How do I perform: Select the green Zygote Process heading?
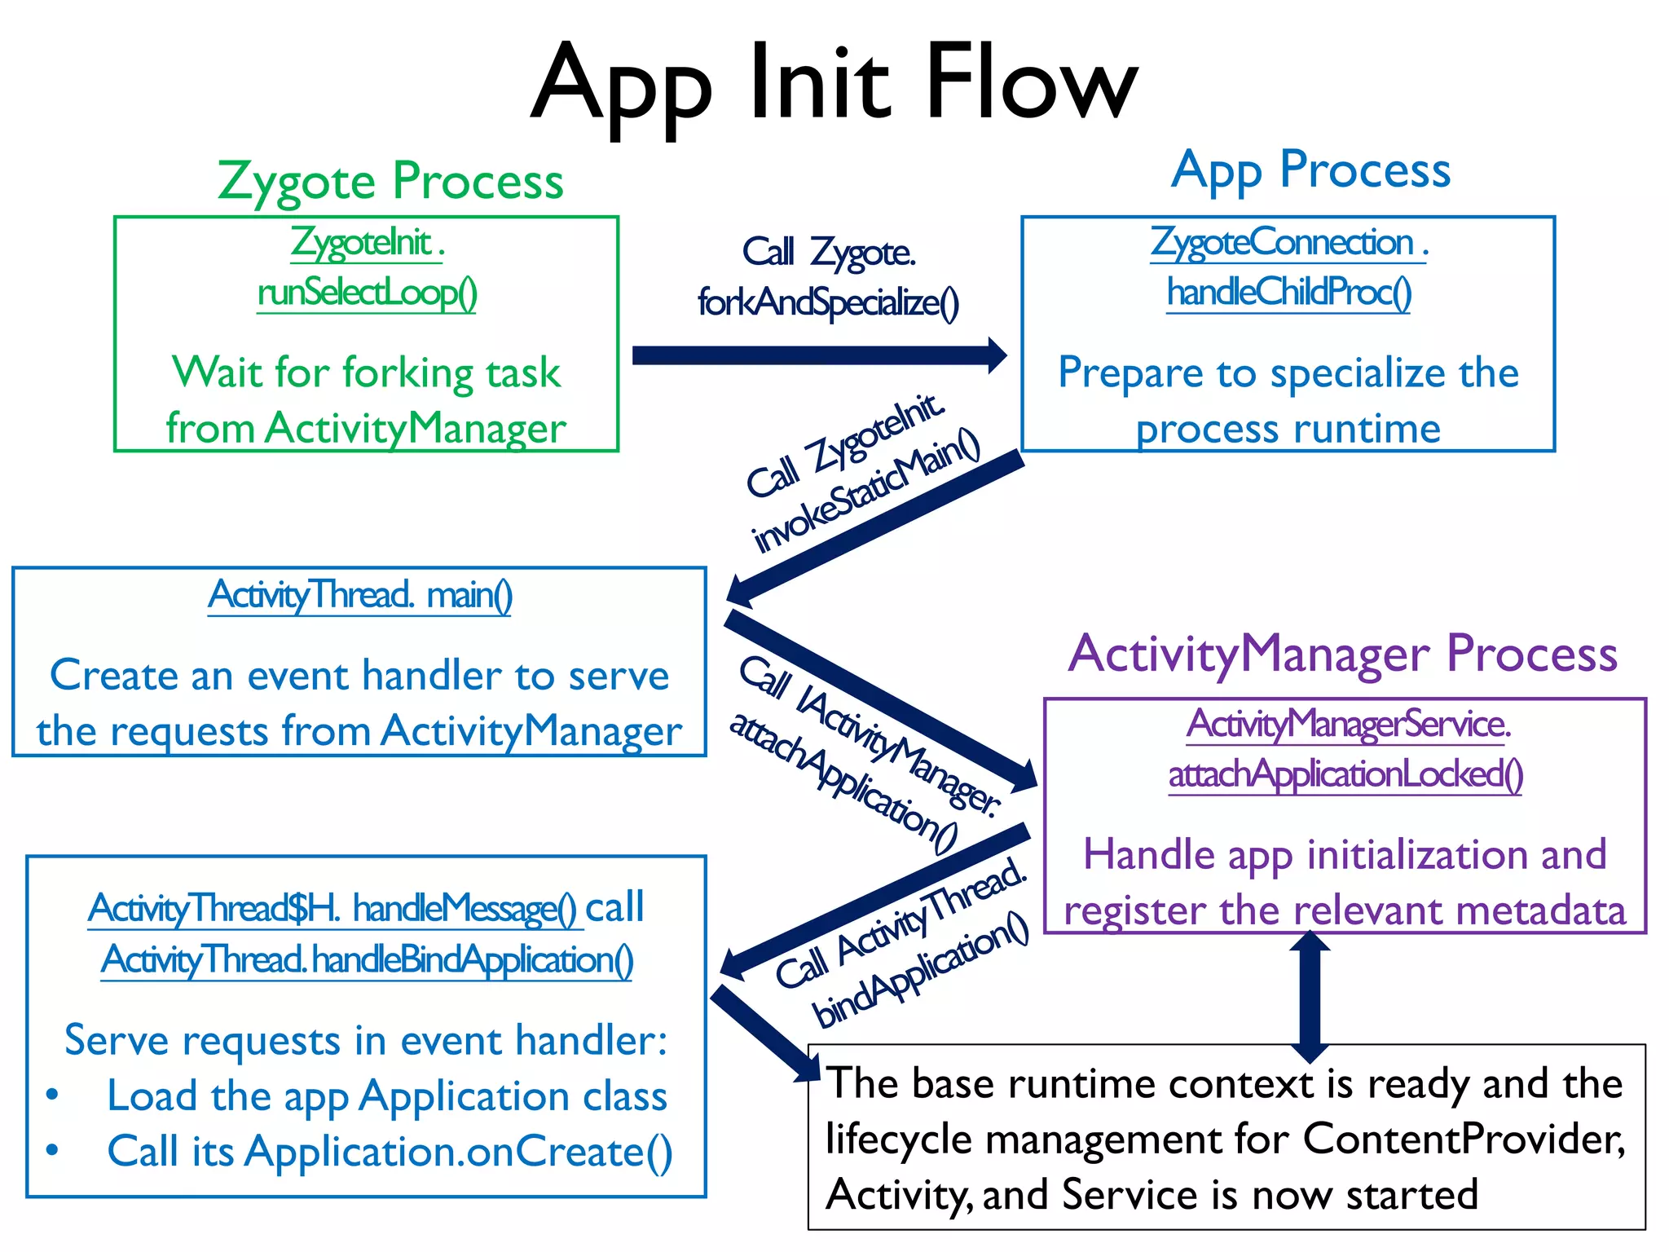pos(390,181)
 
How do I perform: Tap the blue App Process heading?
pos(1310,170)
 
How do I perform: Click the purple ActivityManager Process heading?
pos(1342,654)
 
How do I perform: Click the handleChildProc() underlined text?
pos(1288,293)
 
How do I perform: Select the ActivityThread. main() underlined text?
pos(359,595)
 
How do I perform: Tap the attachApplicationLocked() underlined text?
pos(1345,774)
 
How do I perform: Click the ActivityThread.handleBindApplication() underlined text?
pos(367,960)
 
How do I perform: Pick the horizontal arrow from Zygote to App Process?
pos(819,355)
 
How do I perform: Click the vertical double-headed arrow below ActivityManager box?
pos(1310,996)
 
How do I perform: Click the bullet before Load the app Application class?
pos(53,1095)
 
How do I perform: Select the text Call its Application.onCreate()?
pos(390,1152)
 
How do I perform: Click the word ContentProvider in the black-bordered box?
pos(1463,1139)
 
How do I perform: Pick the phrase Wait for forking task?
pos(366,373)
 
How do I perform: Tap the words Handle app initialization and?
pos(1345,855)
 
